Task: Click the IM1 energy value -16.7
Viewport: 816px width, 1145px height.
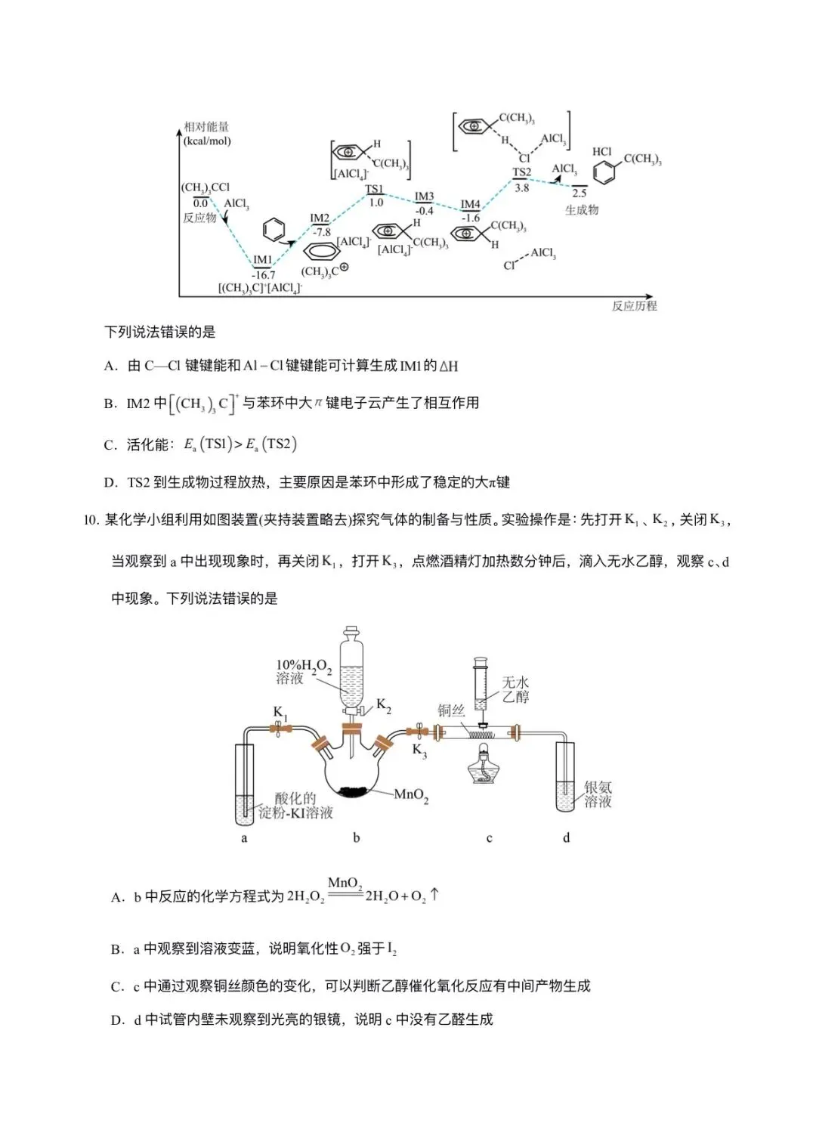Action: (264, 275)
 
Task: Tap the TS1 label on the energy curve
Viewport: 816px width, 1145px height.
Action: (374, 189)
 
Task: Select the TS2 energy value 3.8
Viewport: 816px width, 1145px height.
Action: (521, 187)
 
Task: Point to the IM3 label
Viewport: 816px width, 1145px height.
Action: (425, 197)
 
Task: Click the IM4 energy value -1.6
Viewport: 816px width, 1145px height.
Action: (471, 218)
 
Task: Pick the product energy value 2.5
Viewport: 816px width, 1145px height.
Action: (579, 193)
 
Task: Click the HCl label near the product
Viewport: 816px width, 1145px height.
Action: (602, 152)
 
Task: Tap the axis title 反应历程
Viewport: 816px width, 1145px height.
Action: (634, 306)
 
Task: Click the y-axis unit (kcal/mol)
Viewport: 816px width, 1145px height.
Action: (207, 141)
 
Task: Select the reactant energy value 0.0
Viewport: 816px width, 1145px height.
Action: (200, 203)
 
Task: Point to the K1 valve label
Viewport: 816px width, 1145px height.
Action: (280, 713)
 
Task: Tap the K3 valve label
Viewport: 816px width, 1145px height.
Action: (419, 750)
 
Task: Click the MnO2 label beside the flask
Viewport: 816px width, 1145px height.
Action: (412, 795)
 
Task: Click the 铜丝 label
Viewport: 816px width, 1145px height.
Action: (451, 710)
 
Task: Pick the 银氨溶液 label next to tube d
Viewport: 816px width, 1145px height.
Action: (598, 795)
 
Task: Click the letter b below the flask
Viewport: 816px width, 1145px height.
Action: (357, 837)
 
